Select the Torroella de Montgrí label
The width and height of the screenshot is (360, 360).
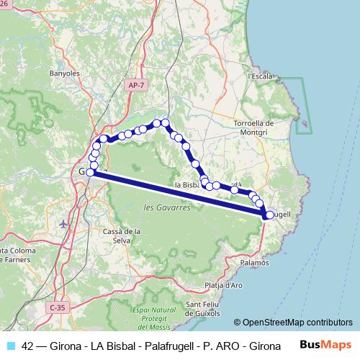coord(251,127)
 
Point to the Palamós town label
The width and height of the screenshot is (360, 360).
coord(255,264)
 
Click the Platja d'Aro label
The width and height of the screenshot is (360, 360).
coord(223,285)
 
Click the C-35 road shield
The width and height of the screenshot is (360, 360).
coord(58,307)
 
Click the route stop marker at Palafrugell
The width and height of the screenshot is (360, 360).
coord(269,214)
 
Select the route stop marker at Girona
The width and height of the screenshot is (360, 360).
coord(91,171)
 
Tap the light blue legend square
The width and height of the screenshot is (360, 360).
coord(10,346)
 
